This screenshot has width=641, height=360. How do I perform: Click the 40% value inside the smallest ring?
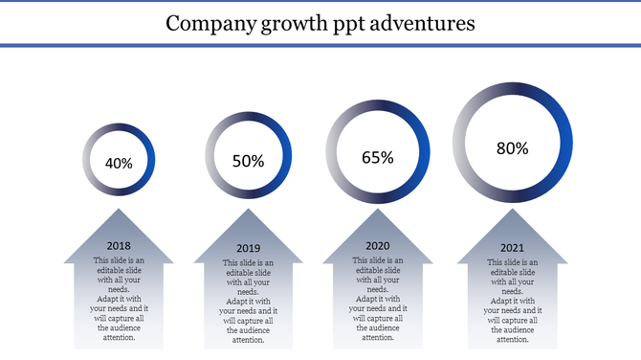click(119, 163)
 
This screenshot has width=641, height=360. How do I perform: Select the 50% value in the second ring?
click(248, 161)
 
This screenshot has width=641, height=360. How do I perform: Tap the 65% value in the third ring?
click(378, 158)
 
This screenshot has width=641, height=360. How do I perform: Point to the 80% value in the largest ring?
click(513, 147)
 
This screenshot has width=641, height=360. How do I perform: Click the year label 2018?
click(119, 246)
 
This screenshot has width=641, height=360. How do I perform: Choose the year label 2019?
click(248, 249)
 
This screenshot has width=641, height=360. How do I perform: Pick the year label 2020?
click(378, 246)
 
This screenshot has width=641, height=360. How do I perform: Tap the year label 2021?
click(513, 249)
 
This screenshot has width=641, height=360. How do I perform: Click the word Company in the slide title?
click(207, 22)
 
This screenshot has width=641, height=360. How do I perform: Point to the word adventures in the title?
click(422, 22)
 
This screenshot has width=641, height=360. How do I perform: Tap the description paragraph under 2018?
click(119, 299)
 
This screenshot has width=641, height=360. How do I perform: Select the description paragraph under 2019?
click(248, 302)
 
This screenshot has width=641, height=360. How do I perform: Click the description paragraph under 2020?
click(378, 299)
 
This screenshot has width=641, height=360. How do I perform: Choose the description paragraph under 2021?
click(513, 302)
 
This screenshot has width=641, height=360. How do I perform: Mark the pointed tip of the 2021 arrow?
click(513, 212)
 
